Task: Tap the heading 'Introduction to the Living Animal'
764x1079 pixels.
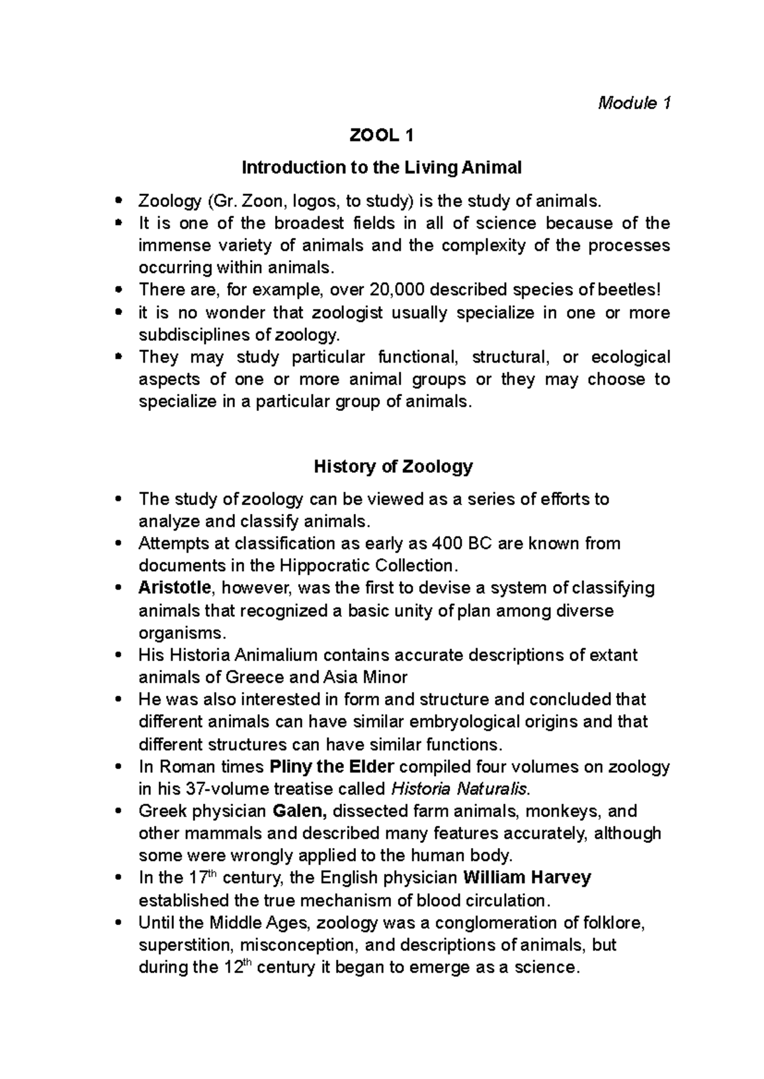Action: click(381, 168)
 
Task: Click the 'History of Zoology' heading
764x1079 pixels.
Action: click(393, 466)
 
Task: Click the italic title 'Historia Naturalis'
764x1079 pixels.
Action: click(459, 790)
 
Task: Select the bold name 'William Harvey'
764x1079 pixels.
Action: click(527, 879)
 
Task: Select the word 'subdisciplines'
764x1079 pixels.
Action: click(192, 335)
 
